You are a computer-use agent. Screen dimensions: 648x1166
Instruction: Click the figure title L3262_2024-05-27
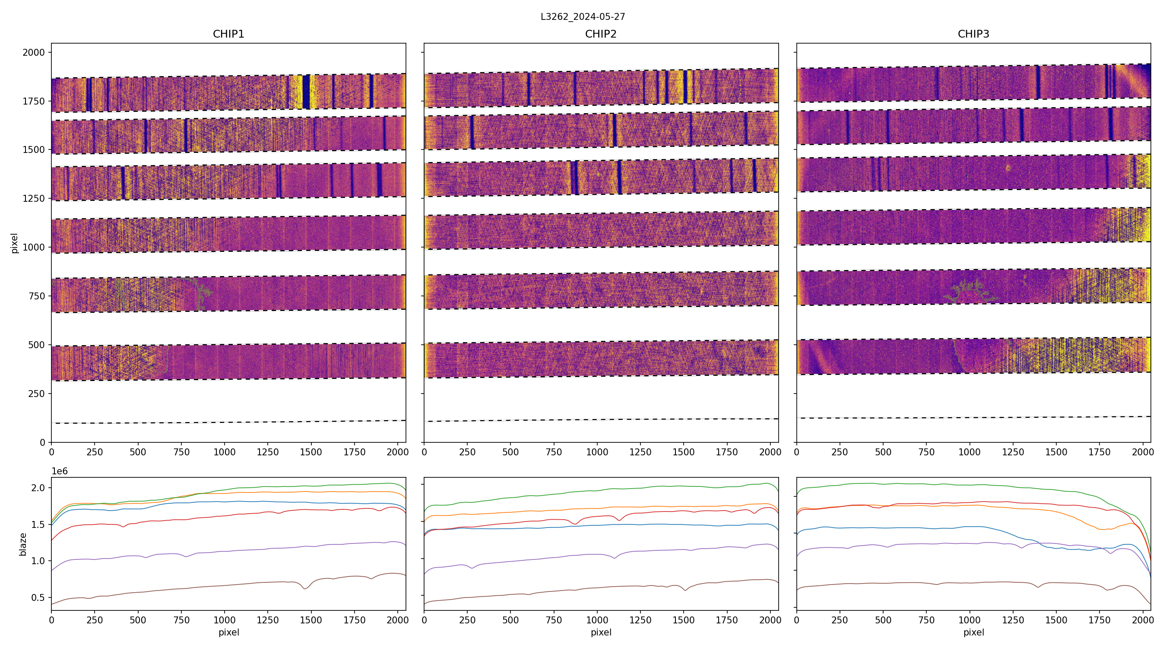click(583, 17)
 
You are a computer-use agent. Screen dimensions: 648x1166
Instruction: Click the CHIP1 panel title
click(228, 34)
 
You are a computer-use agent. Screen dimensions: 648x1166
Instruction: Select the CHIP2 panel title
click(601, 34)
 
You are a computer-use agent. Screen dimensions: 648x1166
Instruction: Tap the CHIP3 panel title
click(973, 34)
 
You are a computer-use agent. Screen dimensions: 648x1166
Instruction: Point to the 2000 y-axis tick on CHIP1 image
click(34, 53)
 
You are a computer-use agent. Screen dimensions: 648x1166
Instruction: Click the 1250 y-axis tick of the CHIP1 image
click(34, 198)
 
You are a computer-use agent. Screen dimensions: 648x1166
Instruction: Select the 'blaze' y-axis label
click(23, 544)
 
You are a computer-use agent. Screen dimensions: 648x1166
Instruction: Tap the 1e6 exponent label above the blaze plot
click(60, 471)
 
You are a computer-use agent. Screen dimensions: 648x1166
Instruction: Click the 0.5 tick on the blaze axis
click(38, 598)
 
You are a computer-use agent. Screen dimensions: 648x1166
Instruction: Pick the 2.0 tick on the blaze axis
click(38, 488)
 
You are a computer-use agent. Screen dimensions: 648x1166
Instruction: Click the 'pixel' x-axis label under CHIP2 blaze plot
click(601, 632)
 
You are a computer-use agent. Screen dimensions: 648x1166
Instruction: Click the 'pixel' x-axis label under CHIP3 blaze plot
click(973, 632)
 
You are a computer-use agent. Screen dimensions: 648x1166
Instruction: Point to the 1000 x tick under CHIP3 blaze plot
click(970, 619)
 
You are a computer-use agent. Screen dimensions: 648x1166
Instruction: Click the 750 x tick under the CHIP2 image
click(554, 452)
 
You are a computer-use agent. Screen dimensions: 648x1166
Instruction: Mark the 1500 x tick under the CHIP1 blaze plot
click(311, 619)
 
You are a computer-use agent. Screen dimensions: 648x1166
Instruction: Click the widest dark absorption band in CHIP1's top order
click(306, 92)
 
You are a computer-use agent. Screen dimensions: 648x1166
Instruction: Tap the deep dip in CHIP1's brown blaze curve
click(305, 588)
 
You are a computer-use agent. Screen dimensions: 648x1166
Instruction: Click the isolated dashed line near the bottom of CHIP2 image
click(601, 420)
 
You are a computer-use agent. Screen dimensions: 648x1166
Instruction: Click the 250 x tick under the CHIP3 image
click(840, 452)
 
